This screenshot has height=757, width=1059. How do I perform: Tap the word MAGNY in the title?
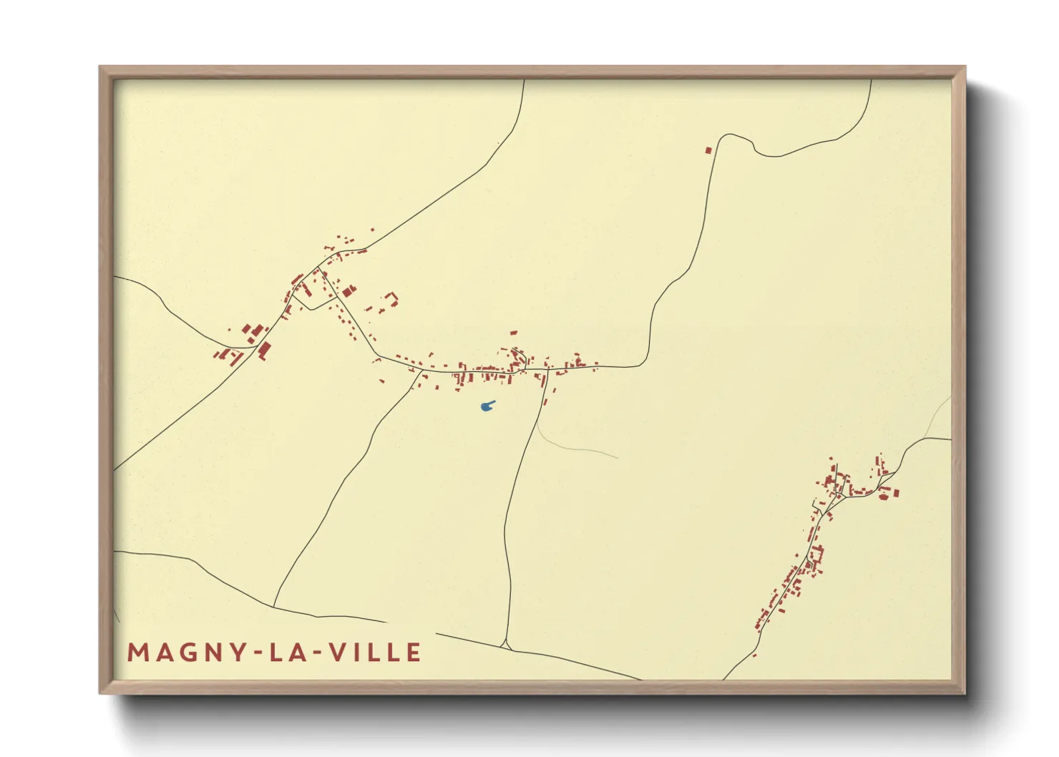coord(186,653)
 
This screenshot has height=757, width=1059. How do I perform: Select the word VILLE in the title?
coord(376,653)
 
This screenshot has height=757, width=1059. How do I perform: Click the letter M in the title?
coord(137,653)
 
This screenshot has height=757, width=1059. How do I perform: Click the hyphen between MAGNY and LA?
coord(256,653)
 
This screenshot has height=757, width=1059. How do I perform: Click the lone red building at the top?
coord(709,150)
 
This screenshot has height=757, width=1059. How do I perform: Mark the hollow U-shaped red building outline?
coord(391,298)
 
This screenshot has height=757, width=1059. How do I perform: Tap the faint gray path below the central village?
coord(580,449)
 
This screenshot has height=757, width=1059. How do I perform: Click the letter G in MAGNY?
coord(185,653)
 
